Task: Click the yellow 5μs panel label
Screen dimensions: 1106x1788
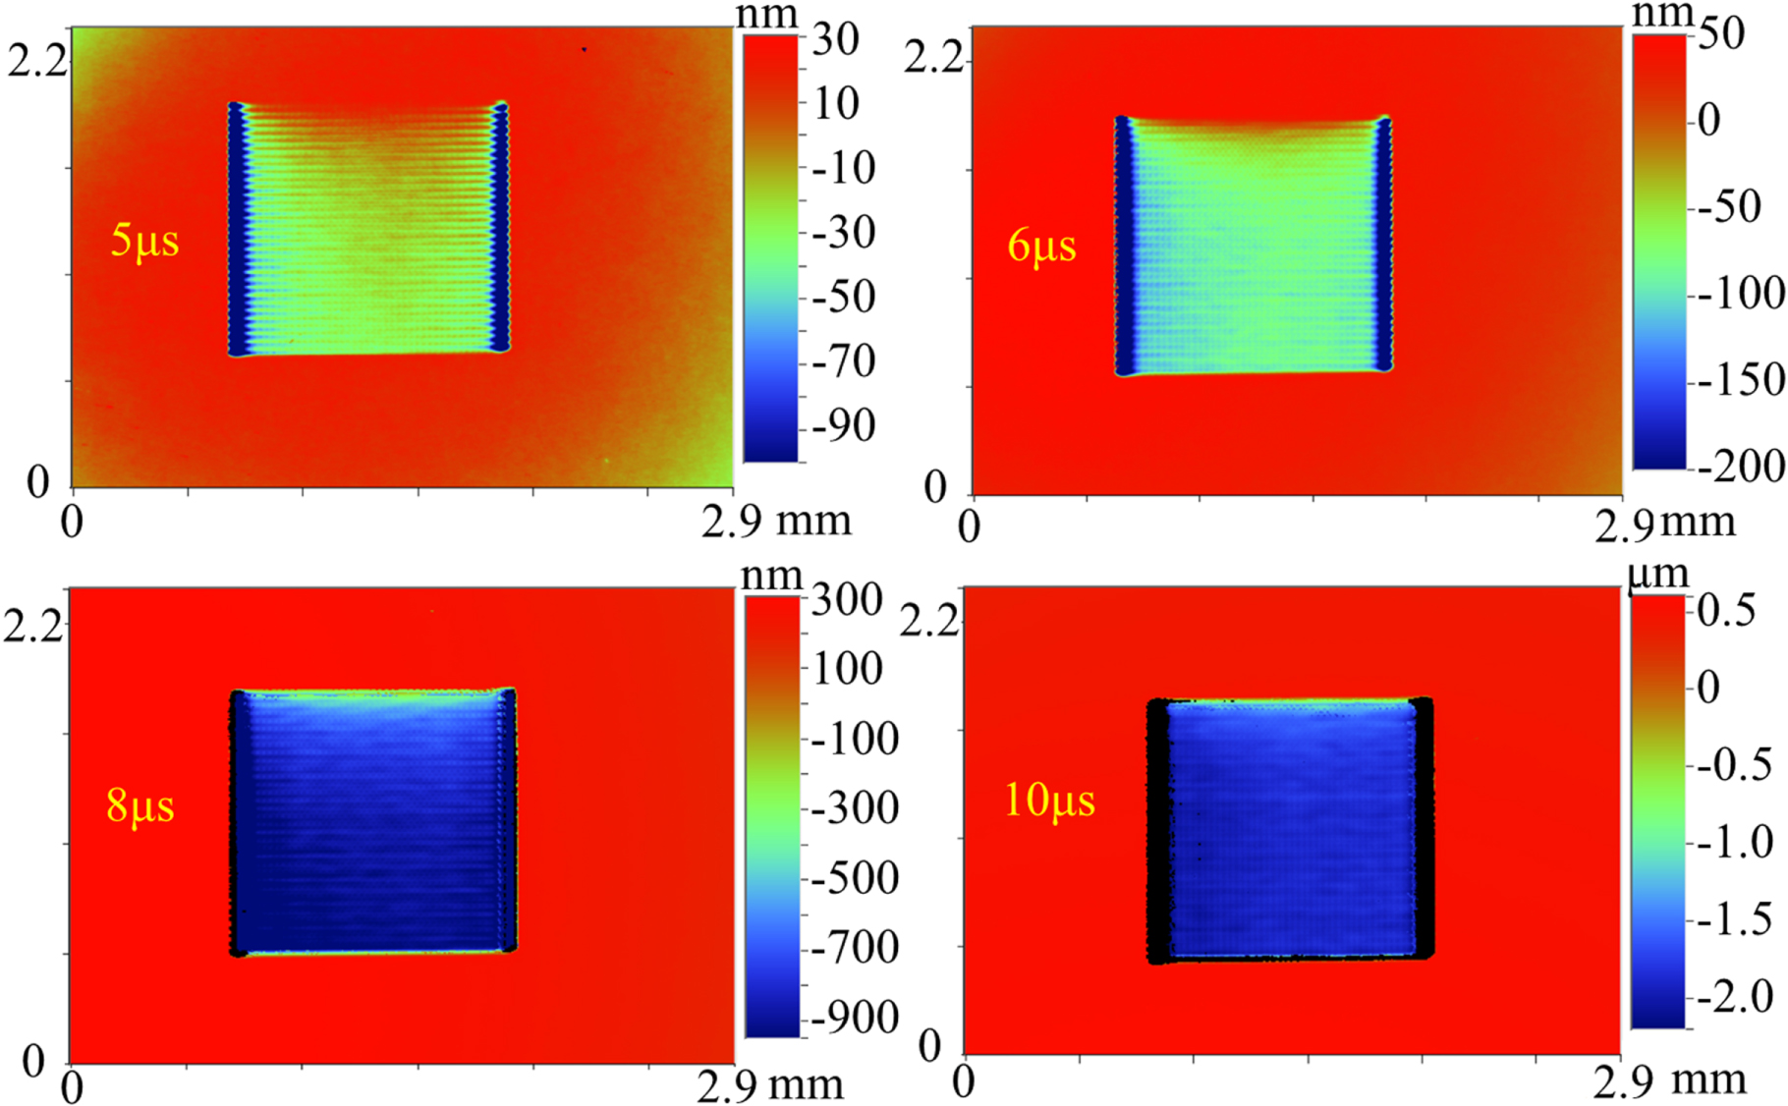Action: [x=144, y=241]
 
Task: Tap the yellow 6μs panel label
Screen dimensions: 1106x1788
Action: [x=1041, y=246]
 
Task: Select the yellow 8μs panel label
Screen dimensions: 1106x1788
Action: [x=140, y=805]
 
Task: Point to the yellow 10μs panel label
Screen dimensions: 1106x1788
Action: [x=1049, y=801]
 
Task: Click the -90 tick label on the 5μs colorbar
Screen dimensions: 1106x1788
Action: [x=843, y=426]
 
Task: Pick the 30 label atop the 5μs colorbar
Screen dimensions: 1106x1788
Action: [x=835, y=39]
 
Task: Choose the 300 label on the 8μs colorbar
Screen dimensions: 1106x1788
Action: [x=846, y=600]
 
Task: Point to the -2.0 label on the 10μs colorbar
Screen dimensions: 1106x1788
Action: [x=1735, y=997]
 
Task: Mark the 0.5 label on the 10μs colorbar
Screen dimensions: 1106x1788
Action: [x=1726, y=610]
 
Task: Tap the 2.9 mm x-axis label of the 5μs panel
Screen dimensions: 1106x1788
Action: [x=776, y=521]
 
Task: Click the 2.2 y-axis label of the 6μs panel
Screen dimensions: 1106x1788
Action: [x=934, y=58]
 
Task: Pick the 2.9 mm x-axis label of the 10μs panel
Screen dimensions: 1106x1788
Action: [x=1670, y=1081]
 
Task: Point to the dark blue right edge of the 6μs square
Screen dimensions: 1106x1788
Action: [x=1383, y=246]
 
